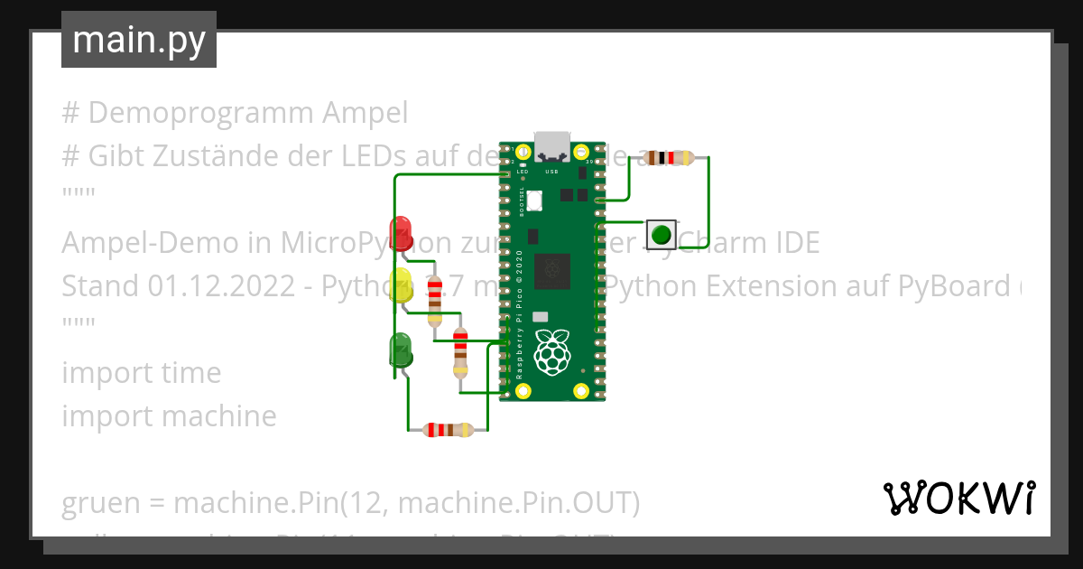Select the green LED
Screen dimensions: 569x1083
point(400,349)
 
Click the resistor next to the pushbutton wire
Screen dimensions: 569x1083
point(669,158)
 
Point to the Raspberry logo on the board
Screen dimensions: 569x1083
point(552,352)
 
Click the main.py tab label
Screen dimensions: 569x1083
point(139,40)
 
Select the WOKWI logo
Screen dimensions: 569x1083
point(958,498)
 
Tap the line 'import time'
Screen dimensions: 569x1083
point(142,373)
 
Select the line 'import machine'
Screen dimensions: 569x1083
point(170,416)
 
